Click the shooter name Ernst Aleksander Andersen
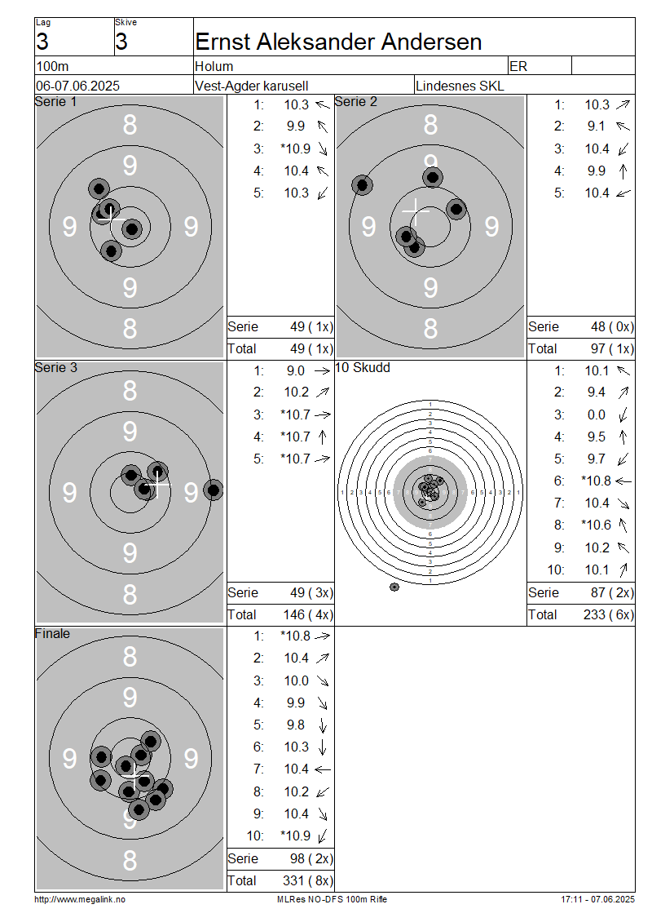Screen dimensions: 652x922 point(338,42)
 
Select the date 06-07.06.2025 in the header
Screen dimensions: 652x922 point(77,86)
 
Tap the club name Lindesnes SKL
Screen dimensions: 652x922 point(460,86)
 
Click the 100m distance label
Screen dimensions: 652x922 point(52,66)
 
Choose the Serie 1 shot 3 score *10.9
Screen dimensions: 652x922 point(296,148)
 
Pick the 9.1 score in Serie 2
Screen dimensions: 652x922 point(596,126)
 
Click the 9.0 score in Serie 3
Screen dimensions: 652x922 point(296,371)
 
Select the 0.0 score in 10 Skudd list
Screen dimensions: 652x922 point(597,415)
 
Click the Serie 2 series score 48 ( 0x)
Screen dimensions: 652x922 point(612,327)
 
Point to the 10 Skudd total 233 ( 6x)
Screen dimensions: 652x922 point(609,615)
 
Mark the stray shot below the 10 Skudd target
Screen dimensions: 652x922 point(394,587)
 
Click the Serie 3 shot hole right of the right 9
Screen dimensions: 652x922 point(214,490)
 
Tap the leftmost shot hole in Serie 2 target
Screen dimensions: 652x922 point(363,185)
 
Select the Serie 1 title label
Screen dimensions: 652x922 point(55,102)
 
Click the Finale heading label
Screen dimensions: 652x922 point(52,634)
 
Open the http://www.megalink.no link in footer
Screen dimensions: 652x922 point(80,900)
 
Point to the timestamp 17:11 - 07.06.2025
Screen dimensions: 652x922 point(597,900)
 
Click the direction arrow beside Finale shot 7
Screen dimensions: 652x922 point(323,769)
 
